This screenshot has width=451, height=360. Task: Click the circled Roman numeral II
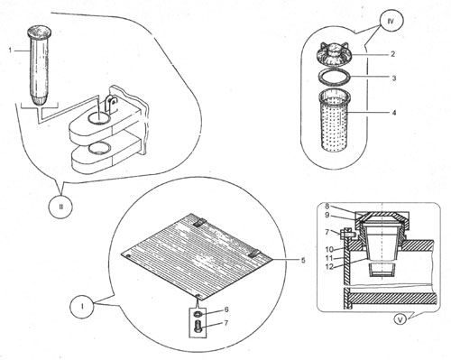coord(61,207)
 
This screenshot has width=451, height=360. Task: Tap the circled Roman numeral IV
coord(391,22)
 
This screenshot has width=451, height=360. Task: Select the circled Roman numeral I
coord(82,307)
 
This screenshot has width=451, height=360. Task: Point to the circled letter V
coord(400,320)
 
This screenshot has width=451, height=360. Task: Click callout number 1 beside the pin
coord(11,51)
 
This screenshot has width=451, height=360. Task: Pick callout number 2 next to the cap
coord(392,54)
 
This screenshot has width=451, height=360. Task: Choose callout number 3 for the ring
coord(394,78)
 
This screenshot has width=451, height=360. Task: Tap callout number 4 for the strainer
coord(394,113)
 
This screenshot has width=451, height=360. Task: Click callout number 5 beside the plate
coord(303,260)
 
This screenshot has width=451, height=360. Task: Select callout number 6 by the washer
coord(226,309)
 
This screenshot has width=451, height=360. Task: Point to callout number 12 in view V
coord(330,267)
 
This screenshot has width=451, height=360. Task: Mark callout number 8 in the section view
coord(327,207)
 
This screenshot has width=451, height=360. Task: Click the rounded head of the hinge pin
coord(40,32)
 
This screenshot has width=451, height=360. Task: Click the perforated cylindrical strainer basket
coord(335,122)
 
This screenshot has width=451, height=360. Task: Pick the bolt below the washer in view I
coord(198,327)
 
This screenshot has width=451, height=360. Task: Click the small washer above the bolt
coord(198,314)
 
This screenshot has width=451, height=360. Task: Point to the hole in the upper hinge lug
coord(100,117)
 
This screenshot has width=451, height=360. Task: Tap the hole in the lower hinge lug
coord(100,148)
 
